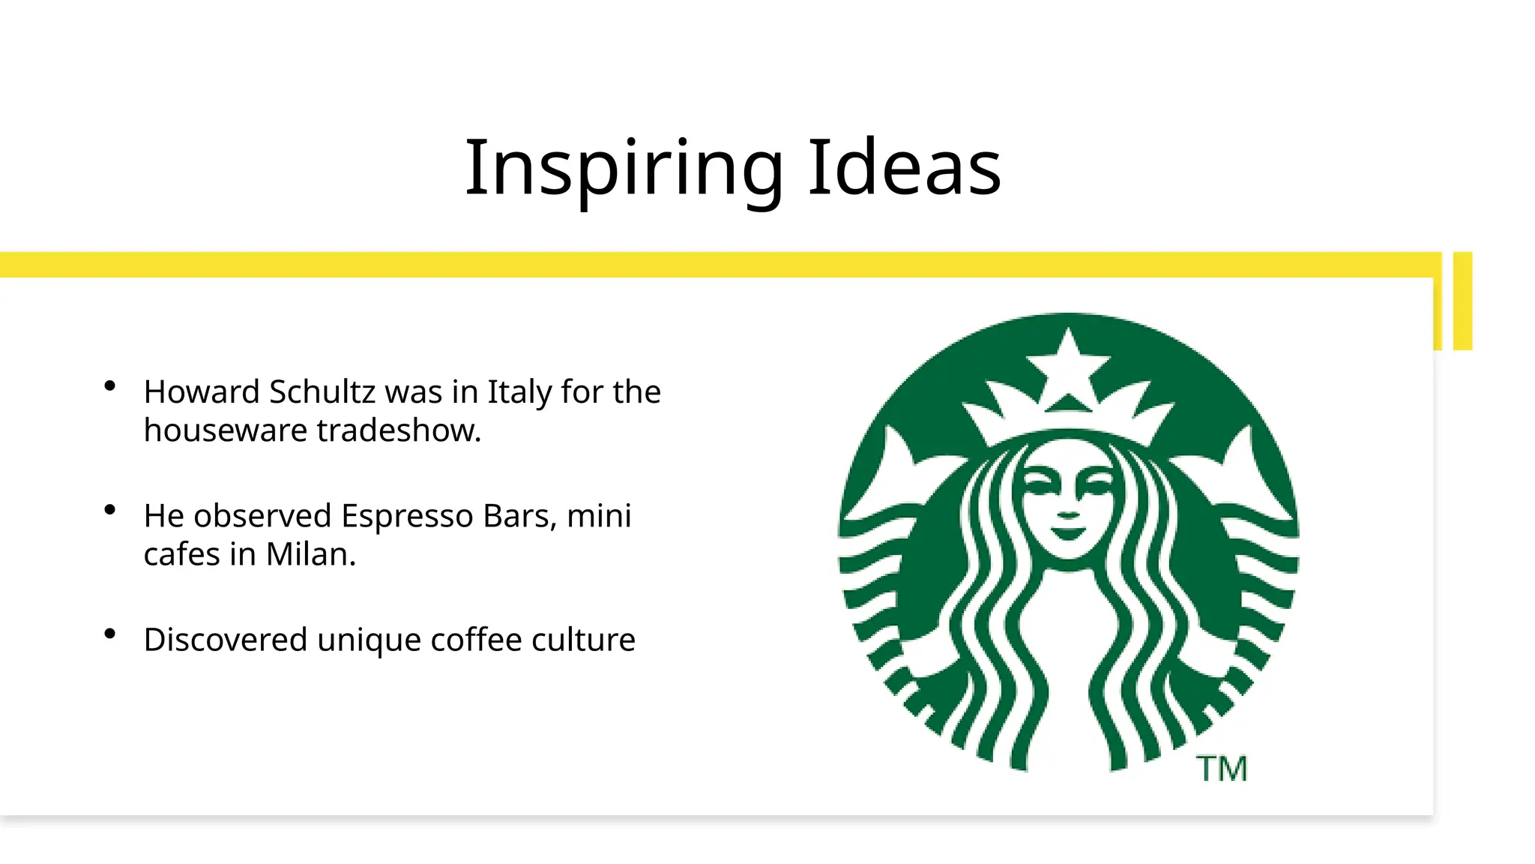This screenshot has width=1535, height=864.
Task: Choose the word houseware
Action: tap(226, 431)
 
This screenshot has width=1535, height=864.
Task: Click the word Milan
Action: tap(310, 555)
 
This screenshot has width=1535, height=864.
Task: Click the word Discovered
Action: tap(226, 640)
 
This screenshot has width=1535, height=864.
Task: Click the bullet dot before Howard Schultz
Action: tap(110, 386)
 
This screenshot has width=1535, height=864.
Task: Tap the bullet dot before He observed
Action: tap(110, 510)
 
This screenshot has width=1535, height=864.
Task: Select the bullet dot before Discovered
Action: tap(110, 634)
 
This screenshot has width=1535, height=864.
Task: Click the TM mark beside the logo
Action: tap(1222, 769)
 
